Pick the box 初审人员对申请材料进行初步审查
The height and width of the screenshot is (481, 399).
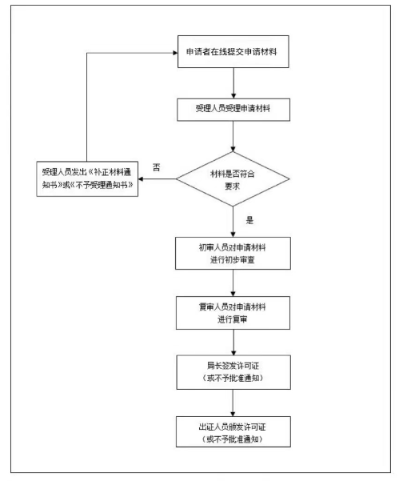[232, 255]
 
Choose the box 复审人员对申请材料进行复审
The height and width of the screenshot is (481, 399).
[232, 313]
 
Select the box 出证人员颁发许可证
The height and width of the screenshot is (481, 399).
[232, 431]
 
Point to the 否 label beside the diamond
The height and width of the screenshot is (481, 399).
[157, 166]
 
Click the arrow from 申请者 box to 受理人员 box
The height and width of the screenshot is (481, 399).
[232, 82]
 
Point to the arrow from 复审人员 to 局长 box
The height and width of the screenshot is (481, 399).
[232, 343]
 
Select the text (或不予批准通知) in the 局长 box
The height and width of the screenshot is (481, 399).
[232, 378]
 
